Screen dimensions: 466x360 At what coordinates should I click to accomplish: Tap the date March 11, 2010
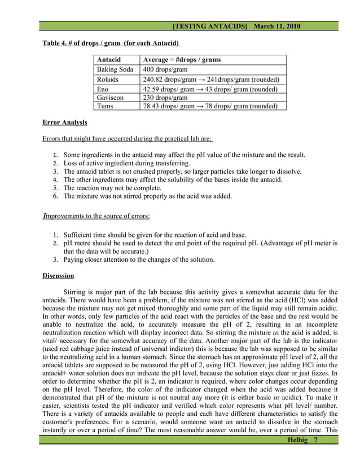coord(277,27)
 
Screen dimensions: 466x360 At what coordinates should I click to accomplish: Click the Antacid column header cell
coord(109,60)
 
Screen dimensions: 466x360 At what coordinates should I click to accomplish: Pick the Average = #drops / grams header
coord(182,60)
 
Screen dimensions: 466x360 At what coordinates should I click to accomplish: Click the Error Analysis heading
coord(65,122)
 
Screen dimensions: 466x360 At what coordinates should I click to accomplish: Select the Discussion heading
coord(58,276)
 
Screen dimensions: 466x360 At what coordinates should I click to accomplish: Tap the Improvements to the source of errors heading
coord(96,215)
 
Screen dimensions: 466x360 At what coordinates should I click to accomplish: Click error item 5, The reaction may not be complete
coord(112,188)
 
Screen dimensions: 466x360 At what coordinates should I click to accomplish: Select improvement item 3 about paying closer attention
coord(139,260)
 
